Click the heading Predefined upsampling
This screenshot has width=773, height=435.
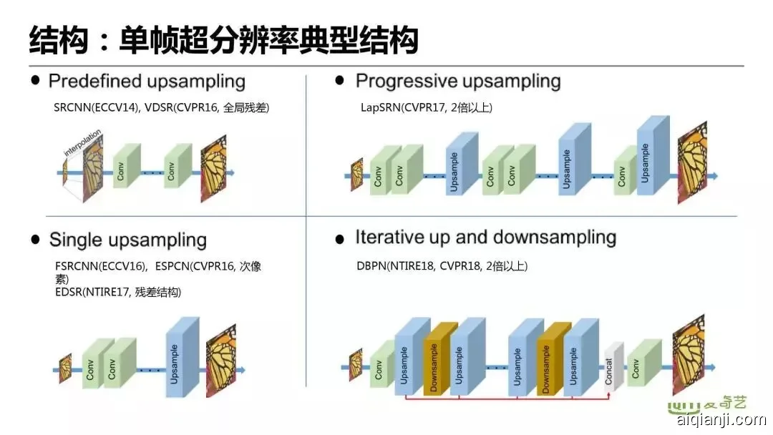click(147, 81)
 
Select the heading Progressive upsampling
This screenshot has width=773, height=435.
click(457, 81)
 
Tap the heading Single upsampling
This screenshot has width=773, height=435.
click(127, 240)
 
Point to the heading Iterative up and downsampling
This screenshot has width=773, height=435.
click(485, 238)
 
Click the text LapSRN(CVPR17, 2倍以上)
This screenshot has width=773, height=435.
click(427, 107)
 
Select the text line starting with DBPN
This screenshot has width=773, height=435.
click(442, 266)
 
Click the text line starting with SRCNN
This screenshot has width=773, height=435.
click(161, 107)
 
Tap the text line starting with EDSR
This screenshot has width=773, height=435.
click(117, 293)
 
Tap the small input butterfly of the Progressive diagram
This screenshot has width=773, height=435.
click(356, 175)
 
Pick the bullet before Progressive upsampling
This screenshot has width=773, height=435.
click(340, 80)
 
